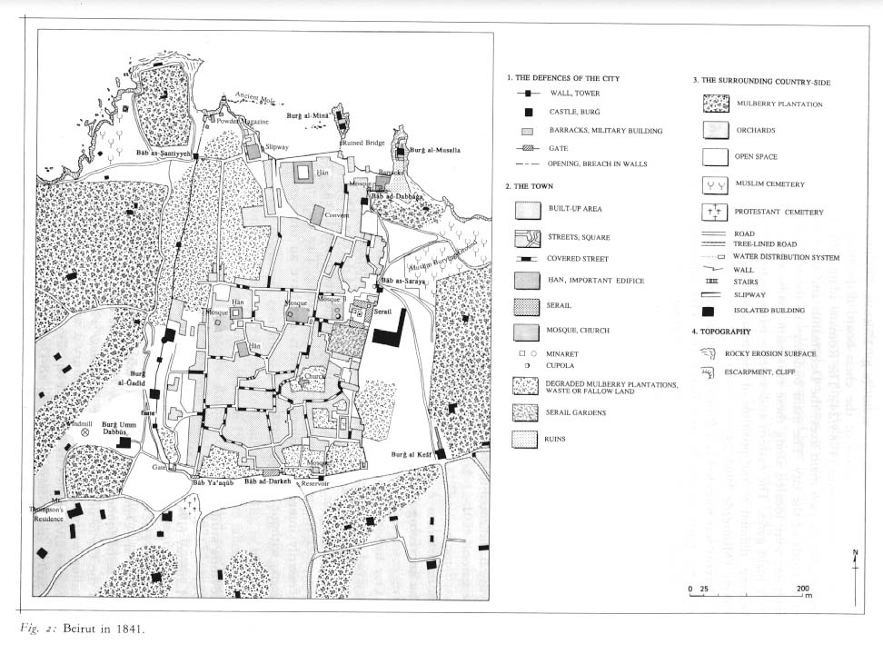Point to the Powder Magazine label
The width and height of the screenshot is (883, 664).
240,122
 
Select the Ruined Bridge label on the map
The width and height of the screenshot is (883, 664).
364,143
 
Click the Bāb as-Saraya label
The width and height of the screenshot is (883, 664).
404,282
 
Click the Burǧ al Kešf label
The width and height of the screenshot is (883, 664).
411,454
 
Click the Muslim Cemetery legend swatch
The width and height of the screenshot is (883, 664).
716,184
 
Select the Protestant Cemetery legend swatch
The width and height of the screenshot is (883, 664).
716,212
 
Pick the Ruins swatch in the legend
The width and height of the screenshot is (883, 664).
528,440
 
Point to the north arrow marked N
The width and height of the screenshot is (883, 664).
854,556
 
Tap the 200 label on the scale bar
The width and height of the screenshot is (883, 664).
803,589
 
